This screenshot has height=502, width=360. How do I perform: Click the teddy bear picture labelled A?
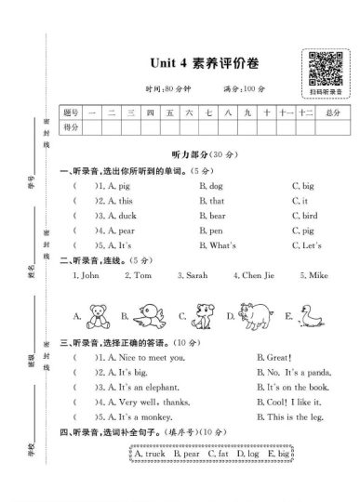97,314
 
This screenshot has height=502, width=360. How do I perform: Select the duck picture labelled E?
312,314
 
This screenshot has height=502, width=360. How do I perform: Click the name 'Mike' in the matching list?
311,276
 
